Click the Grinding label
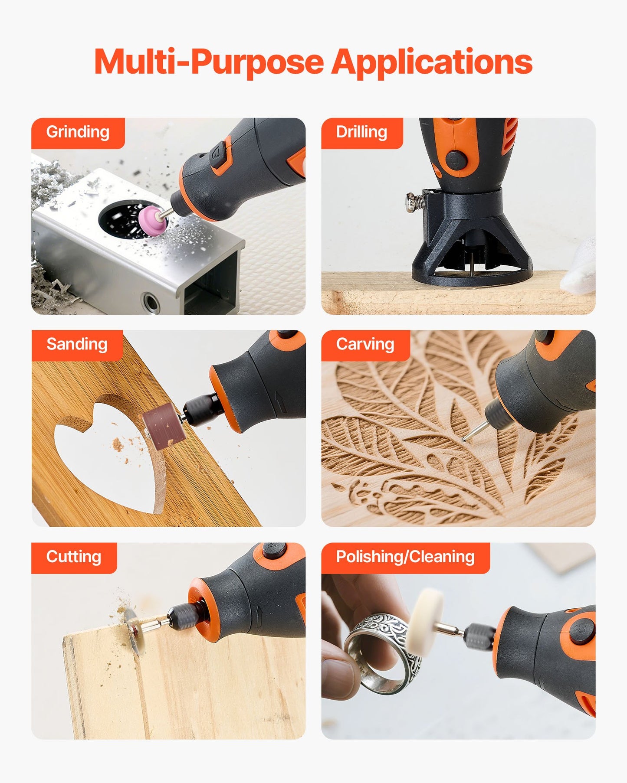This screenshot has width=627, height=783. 78,132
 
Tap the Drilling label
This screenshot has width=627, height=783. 361,132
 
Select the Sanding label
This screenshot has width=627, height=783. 77,344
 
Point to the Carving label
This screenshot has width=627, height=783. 365,344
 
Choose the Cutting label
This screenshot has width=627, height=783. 74,557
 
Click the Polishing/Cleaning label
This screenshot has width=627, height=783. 405,557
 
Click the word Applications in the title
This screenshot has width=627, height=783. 432,62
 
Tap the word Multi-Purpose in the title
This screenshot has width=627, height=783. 209,62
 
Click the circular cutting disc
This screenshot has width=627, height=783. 133,631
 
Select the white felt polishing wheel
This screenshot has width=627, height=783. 426,620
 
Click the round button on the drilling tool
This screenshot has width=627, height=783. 456,160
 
